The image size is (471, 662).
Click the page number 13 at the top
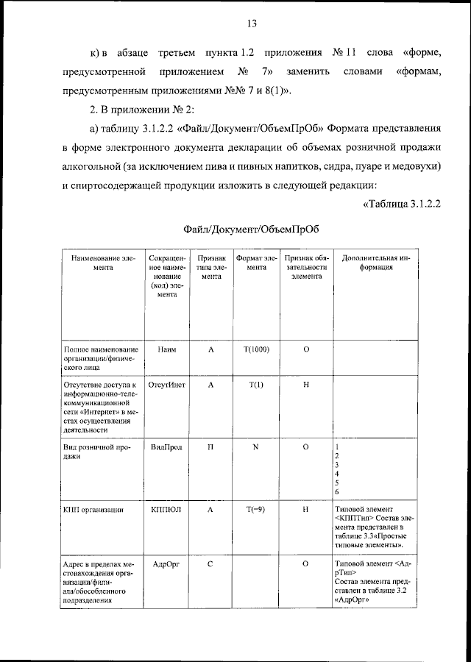coord(251,24)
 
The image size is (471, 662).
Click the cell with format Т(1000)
coord(256,349)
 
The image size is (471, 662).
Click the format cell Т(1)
coord(256,385)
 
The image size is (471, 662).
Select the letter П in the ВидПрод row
coord(210,446)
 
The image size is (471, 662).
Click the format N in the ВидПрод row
coord(256,446)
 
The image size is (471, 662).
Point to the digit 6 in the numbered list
coord(337,491)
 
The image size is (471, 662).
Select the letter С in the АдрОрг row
coord(210,563)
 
